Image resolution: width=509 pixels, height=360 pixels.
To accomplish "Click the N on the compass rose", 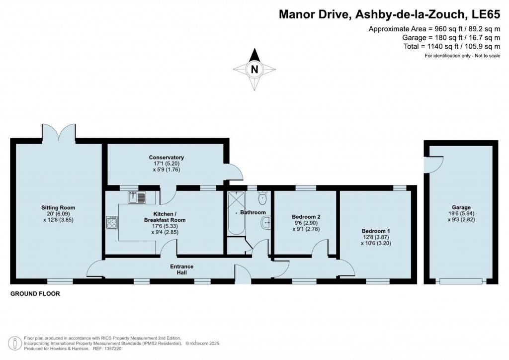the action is pyautogui.click(x=255, y=69).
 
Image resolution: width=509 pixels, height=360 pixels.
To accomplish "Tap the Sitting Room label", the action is pyautogui.click(x=58, y=208).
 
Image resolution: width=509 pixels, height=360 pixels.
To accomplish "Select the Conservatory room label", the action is pyautogui.click(x=167, y=158).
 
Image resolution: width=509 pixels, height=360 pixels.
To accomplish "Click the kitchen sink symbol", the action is pyautogui.click(x=137, y=197).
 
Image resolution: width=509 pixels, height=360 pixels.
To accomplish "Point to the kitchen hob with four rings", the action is pyautogui.click(x=112, y=223).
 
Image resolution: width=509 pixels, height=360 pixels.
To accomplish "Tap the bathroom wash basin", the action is pyautogui.click(x=265, y=223).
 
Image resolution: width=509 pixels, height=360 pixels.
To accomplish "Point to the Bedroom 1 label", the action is pyautogui.click(x=376, y=231).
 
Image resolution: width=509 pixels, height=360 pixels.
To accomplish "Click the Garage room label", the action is pyautogui.click(x=461, y=207).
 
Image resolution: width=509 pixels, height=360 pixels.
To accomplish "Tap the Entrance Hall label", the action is pyautogui.click(x=182, y=270).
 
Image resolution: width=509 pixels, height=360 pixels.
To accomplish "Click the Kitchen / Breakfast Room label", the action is pyautogui.click(x=165, y=217).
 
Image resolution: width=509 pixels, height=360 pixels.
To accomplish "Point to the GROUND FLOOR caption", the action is pyautogui.click(x=35, y=294).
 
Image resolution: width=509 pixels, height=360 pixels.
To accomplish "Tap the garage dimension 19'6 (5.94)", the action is pyautogui.click(x=461, y=214).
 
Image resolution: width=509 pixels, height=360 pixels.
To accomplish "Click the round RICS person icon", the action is pyautogui.click(x=14, y=343).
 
